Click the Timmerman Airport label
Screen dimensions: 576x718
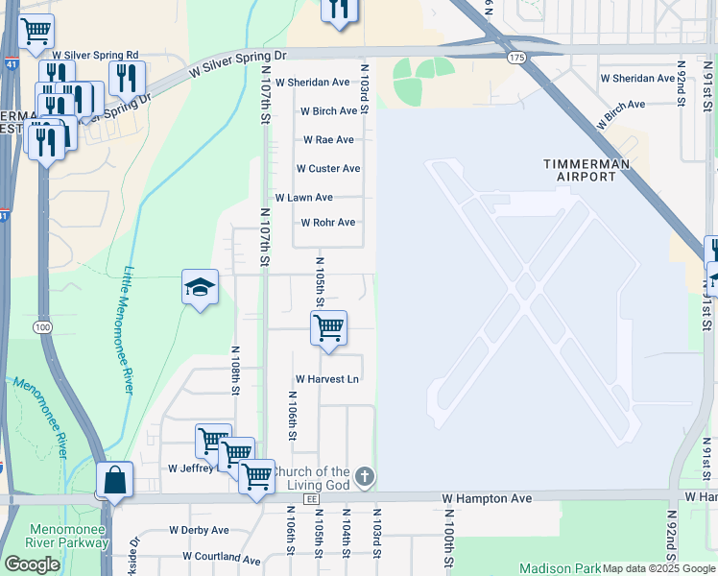[x=593, y=170]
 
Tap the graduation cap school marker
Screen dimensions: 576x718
[x=200, y=287]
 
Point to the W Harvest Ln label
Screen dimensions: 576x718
[x=326, y=379]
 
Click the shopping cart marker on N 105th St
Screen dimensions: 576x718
[x=328, y=327]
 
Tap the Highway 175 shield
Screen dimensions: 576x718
[x=517, y=59]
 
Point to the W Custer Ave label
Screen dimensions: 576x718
[x=327, y=169]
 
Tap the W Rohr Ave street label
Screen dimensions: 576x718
[x=327, y=223]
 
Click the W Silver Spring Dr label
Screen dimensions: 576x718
[x=238, y=64]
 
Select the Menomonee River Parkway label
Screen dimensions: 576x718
[x=68, y=536]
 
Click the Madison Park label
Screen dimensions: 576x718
[x=558, y=568]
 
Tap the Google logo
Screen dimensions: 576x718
[x=32, y=564]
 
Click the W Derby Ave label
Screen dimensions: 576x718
[x=199, y=530]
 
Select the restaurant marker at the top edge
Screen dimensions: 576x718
[x=338, y=9]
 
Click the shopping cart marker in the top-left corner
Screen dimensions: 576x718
[x=36, y=31]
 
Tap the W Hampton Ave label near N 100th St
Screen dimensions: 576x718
[x=487, y=499]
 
